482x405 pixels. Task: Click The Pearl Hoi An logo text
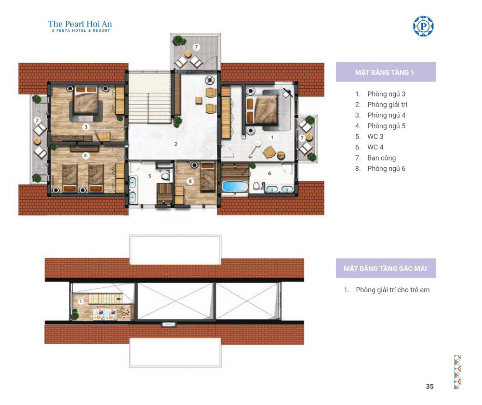80,24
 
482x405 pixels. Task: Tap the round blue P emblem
423,26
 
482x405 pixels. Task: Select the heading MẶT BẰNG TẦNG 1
384,73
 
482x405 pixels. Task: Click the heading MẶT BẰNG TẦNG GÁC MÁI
385,269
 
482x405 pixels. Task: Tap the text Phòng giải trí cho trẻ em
392,290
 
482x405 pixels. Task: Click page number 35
430,387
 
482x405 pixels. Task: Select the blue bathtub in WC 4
235,187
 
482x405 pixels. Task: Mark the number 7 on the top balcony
197,47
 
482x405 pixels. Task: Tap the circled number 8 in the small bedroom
190,181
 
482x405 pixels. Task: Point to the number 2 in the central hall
176,144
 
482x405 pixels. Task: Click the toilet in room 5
165,176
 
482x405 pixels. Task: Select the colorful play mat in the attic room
105,314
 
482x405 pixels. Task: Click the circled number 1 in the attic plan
80,302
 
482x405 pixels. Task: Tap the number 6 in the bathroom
269,174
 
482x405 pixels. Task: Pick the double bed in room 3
86,101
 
